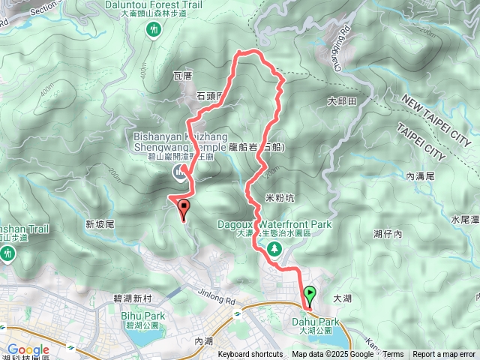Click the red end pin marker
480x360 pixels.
click(x=184, y=211)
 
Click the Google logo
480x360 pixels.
click(x=28, y=349)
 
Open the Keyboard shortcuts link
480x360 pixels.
click(x=250, y=355)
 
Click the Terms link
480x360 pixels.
click(x=393, y=355)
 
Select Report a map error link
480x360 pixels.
click(x=444, y=355)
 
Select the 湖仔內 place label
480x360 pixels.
click(x=388, y=235)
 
